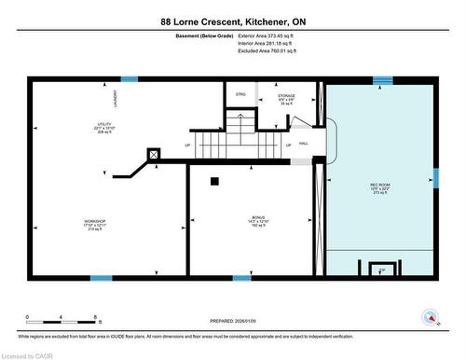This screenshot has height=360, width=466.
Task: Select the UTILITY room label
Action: click(90, 124)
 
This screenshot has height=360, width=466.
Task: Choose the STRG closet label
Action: click(240, 94)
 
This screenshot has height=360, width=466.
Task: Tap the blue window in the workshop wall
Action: click(101, 277)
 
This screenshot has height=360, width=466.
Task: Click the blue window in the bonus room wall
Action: click(241, 277)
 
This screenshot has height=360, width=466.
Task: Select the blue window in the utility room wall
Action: click(130, 79)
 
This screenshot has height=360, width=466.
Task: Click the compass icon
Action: click(431, 316)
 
